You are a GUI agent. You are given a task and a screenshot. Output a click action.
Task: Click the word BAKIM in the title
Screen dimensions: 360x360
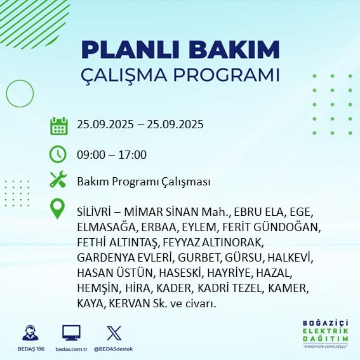click(234, 49)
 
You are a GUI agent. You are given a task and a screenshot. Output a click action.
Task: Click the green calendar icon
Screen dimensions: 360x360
click(59, 126)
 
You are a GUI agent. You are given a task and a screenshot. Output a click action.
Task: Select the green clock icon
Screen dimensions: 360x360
click(58, 154)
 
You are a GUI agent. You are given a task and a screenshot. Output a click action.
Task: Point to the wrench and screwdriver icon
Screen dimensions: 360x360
click(58, 179)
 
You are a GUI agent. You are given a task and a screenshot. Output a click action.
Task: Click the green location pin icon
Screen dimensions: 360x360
click(57, 208)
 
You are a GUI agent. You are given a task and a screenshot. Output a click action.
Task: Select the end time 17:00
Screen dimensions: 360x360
click(133, 154)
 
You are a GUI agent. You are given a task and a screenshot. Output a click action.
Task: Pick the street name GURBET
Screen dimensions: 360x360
click(199, 258)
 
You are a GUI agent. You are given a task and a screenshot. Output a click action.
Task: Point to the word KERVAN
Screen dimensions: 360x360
click(130, 303)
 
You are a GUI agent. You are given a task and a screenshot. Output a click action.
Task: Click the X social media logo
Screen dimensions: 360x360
click(114, 333)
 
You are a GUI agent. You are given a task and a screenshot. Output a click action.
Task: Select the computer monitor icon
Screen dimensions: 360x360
click(71, 333)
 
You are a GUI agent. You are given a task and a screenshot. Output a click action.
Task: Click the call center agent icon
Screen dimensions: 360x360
click(30, 333)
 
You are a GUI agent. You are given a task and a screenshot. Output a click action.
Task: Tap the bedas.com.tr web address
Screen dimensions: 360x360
click(71, 349)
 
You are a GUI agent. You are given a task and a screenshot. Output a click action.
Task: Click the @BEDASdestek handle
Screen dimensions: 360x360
click(113, 349)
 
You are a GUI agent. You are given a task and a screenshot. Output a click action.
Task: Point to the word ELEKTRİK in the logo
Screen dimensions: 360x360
click(325, 331)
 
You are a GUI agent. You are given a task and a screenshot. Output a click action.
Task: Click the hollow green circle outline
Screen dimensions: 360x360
click(6, 94)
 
